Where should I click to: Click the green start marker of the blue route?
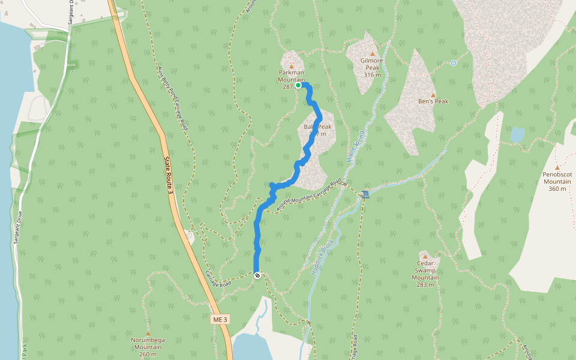point(298,85)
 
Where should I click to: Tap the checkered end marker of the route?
point(257,275)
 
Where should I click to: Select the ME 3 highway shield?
point(220,320)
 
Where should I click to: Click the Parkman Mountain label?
point(292,76)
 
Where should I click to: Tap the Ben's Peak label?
point(433,101)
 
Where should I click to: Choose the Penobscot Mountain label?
point(557,181)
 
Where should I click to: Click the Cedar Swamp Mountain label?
point(425,274)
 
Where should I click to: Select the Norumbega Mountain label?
point(148,347)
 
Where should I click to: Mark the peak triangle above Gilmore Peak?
point(372,53)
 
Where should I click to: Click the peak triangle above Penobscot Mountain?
point(557,167)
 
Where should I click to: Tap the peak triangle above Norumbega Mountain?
point(148,333)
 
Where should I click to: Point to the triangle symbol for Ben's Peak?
point(433,94)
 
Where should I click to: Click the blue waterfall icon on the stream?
point(365,194)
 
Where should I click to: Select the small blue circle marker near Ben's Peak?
point(454,63)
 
